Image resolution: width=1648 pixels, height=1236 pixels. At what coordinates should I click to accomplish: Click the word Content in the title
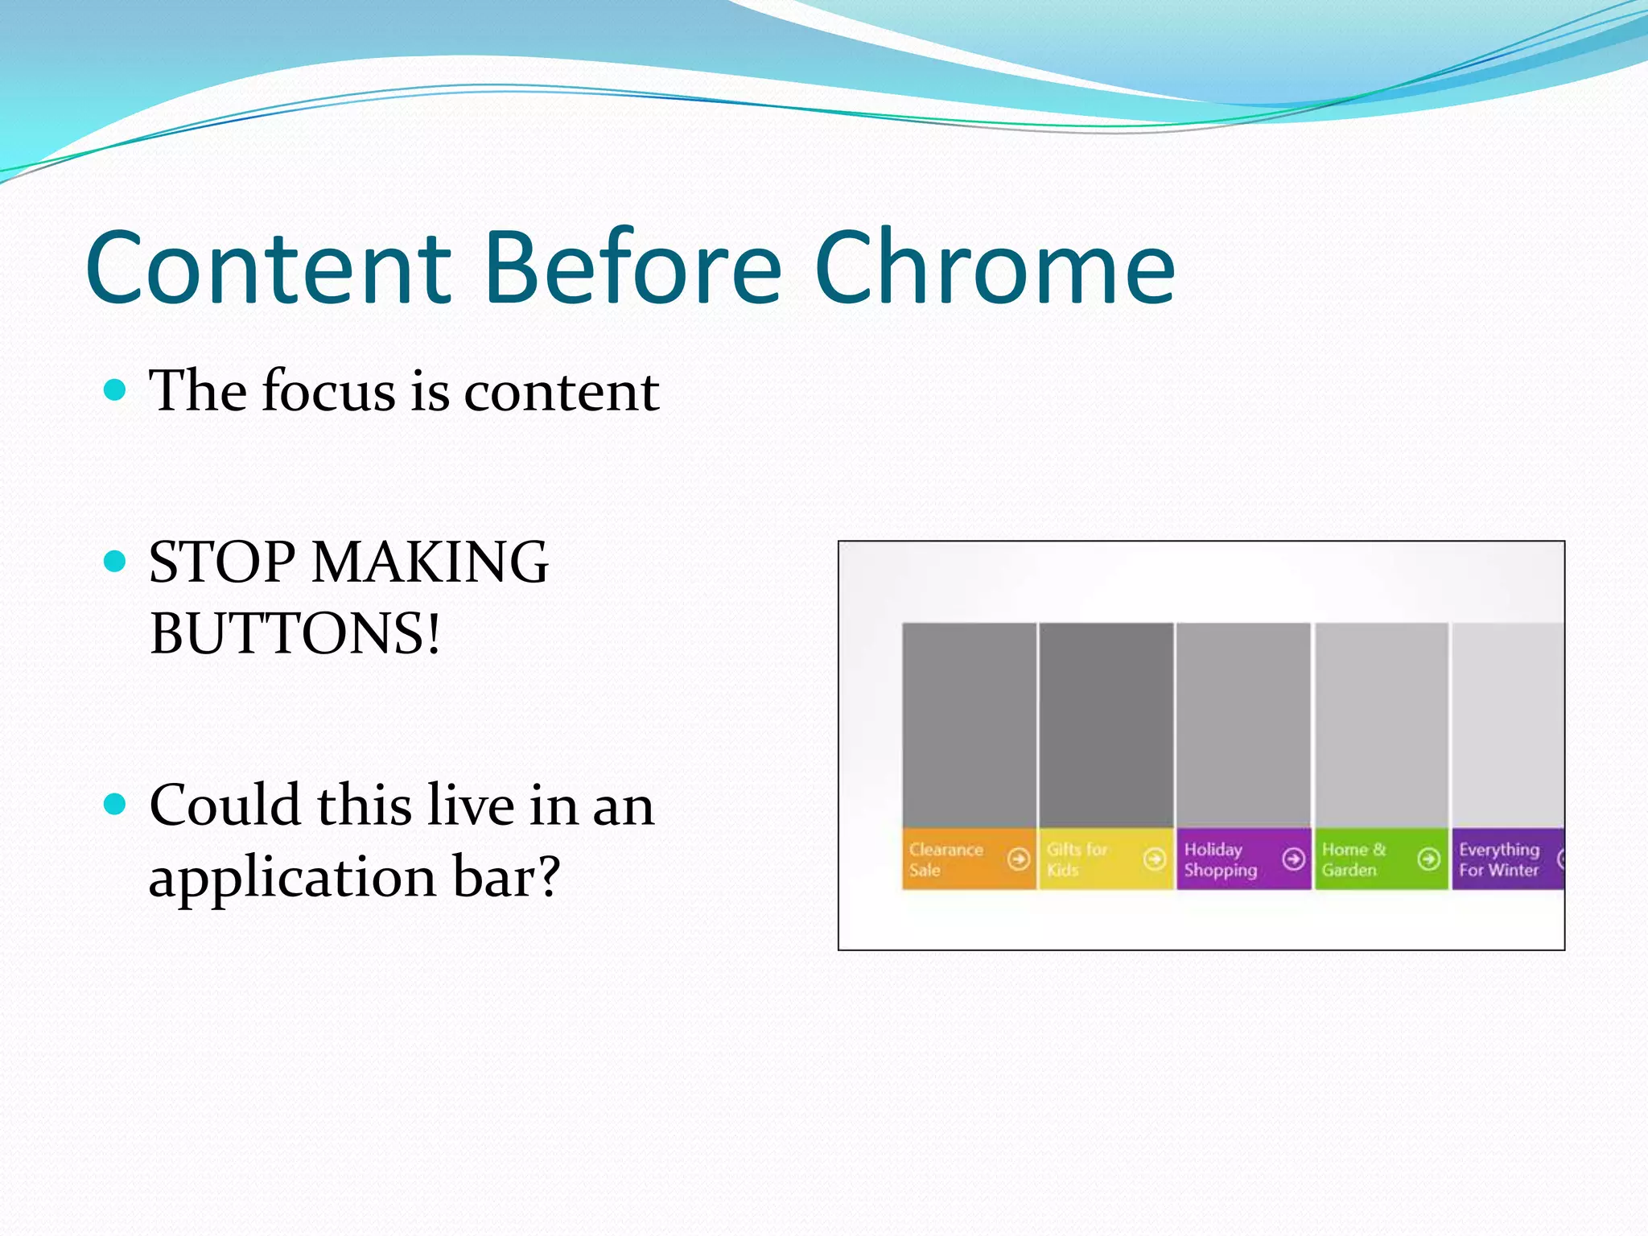click(269, 267)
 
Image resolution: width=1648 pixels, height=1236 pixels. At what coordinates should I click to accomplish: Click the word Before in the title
click(632, 267)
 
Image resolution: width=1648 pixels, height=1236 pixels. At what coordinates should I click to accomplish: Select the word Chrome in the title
click(995, 267)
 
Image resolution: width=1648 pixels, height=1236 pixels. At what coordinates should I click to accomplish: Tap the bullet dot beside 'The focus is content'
click(116, 390)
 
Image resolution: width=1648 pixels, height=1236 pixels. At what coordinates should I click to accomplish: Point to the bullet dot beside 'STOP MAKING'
click(116, 561)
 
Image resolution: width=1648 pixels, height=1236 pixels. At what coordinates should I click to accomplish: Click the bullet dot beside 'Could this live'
click(116, 804)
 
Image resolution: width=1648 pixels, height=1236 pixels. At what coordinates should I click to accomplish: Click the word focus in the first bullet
click(330, 391)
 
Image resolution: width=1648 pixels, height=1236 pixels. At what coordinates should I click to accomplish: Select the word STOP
click(222, 562)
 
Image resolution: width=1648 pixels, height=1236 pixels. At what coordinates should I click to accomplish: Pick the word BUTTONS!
click(295, 633)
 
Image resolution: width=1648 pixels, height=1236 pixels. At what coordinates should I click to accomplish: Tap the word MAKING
click(430, 562)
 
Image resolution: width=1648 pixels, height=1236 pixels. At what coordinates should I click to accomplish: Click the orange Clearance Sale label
click(946, 859)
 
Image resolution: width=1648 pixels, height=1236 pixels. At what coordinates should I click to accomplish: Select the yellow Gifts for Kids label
click(1077, 859)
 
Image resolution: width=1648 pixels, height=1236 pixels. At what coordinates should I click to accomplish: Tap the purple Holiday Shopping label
click(1220, 859)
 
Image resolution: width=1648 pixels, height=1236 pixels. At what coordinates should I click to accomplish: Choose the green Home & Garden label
click(1354, 859)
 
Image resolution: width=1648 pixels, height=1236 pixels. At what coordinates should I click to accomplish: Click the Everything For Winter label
click(1499, 859)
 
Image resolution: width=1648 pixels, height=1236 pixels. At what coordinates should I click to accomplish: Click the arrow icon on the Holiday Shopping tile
click(1293, 859)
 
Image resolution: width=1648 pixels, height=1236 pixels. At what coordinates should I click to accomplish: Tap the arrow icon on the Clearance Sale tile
click(1019, 859)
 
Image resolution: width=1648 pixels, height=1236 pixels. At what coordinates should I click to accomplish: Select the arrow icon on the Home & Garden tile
click(1429, 859)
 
